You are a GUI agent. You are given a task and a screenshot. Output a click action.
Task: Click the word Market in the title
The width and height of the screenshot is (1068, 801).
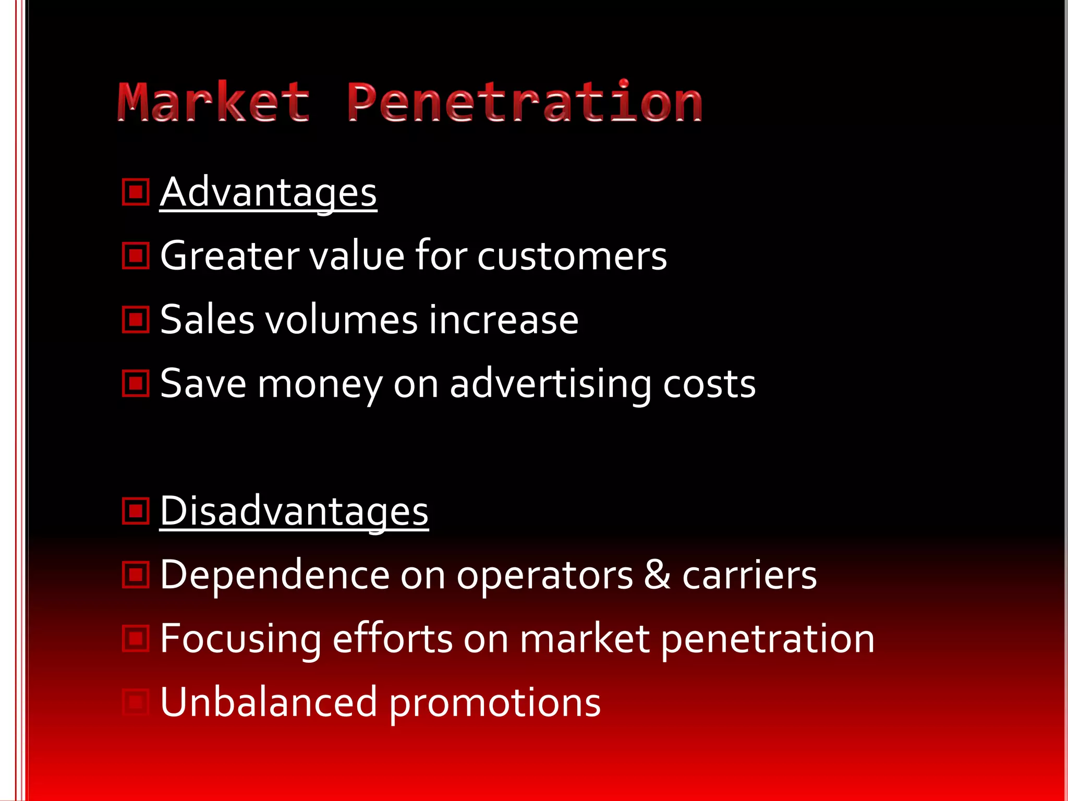tap(214, 102)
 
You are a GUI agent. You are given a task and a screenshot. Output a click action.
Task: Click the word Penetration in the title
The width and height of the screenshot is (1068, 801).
tap(525, 102)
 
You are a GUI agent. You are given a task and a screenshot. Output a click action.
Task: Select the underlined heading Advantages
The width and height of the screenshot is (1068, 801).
tap(268, 192)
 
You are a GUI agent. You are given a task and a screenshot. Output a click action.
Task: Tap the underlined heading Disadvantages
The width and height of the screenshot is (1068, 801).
tap(294, 511)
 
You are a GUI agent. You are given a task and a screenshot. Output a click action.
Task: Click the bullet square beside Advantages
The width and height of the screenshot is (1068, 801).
tap(136, 192)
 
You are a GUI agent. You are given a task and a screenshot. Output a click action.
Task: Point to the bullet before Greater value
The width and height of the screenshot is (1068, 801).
tap(136, 256)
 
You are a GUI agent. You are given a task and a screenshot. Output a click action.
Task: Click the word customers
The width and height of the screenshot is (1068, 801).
tap(572, 256)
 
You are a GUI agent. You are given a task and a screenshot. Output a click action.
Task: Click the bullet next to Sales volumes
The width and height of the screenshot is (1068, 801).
tap(136, 320)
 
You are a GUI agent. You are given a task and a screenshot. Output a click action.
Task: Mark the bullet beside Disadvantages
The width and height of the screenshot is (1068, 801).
tap(136, 511)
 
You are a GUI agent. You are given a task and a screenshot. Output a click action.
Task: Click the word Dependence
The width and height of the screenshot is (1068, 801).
tap(275, 575)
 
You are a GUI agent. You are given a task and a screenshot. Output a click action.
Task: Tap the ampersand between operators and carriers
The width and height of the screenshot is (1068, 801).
tap(657, 575)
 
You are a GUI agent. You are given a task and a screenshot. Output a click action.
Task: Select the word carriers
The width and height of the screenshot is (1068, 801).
tap(749, 575)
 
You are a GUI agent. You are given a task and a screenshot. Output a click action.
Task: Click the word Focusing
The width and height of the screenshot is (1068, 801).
tap(240, 639)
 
